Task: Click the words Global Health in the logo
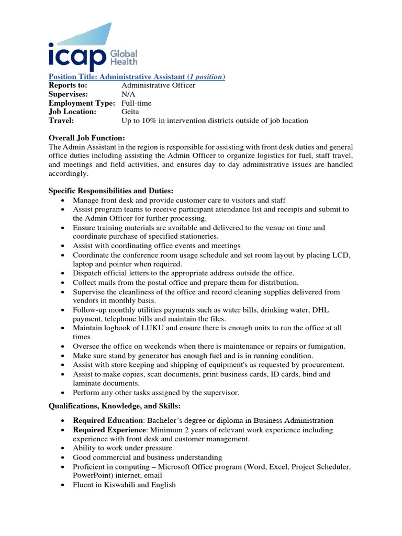(x=124, y=58)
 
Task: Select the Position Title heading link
(x=137, y=77)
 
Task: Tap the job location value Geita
(x=131, y=111)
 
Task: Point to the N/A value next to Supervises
(x=128, y=94)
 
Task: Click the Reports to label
(x=68, y=85)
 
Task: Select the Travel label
(x=61, y=120)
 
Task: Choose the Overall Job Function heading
(x=86, y=138)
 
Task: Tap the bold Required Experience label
(x=109, y=430)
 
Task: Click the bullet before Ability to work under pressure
(x=63, y=449)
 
